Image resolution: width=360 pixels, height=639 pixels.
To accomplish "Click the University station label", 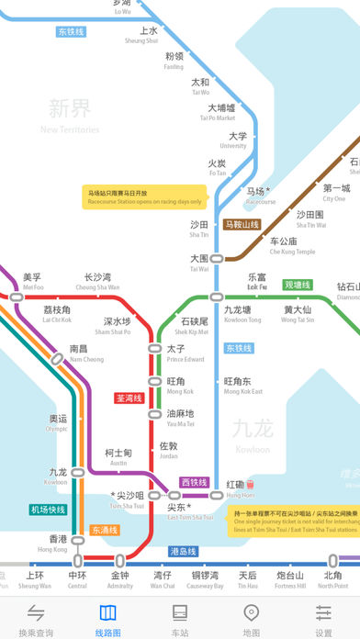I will (x=232, y=140).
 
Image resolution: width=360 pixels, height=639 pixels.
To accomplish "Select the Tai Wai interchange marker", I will (x=218, y=259).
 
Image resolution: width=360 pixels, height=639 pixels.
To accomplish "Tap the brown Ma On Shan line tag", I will (x=242, y=224).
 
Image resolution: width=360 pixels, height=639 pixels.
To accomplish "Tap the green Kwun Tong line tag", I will (x=298, y=286).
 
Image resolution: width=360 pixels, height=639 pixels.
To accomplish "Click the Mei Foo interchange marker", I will (x=16, y=297).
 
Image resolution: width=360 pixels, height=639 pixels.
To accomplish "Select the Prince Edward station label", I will (x=186, y=353).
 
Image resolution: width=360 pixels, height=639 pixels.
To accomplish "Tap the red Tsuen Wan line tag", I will (x=130, y=398).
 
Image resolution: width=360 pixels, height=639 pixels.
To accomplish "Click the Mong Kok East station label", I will (x=243, y=385).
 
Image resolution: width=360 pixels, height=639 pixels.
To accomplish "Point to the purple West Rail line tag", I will (x=195, y=481).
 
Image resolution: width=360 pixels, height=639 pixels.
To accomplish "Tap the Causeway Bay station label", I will (x=207, y=580).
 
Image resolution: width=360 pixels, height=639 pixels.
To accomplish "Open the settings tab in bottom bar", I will (x=323, y=620).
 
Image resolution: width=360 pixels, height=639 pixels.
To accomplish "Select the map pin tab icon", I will (x=252, y=612).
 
